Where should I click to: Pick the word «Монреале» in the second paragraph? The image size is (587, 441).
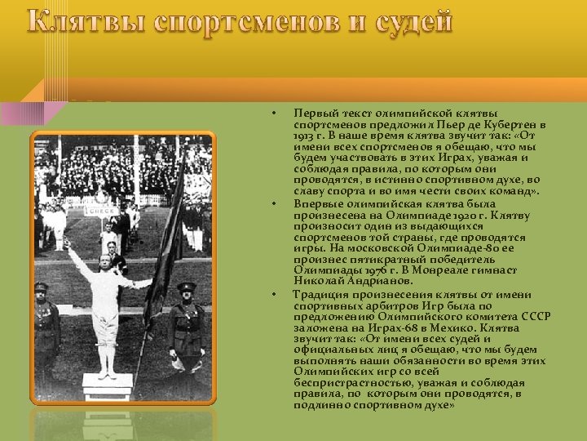point(457,270)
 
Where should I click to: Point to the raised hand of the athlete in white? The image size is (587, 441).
point(66,243)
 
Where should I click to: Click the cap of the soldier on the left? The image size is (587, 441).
point(42,287)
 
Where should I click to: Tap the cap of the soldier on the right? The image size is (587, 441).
point(187,287)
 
